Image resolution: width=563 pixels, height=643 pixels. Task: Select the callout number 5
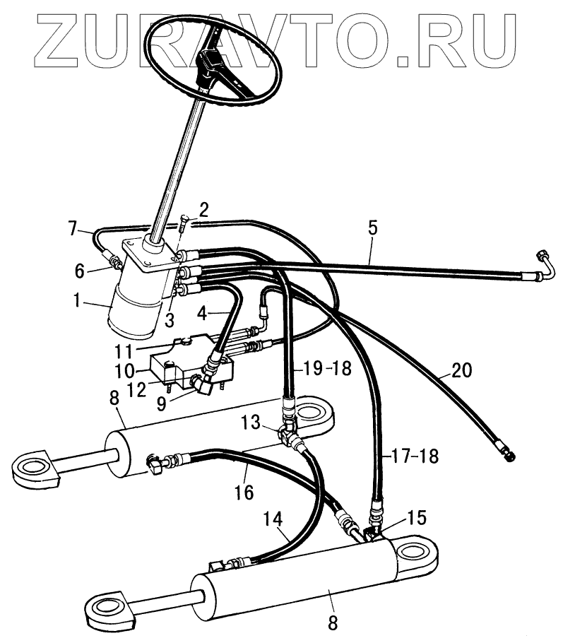click(x=372, y=228)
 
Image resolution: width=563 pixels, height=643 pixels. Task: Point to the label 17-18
click(x=409, y=457)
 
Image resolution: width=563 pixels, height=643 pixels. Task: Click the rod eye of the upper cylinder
click(x=32, y=466)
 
